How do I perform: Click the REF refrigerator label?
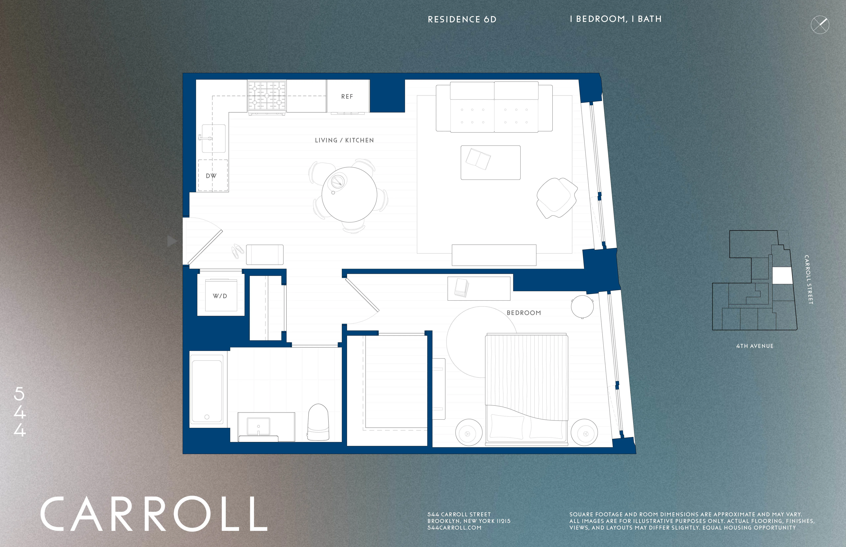coord(347,97)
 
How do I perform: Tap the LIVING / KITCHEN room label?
coord(344,140)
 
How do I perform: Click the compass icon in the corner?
coord(820,25)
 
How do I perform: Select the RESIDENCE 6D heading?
coord(462,20)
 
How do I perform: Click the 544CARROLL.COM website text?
coord(454,528)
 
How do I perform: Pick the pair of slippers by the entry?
coord(237,251)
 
